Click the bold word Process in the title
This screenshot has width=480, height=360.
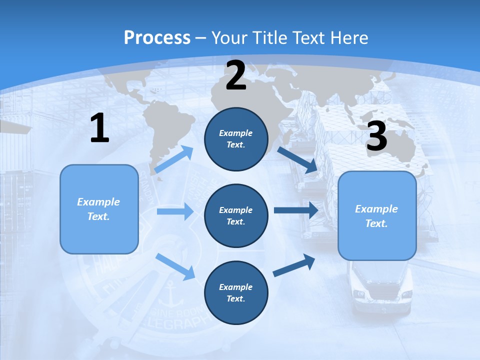[x=157, y=37]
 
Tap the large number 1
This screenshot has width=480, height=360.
[x=99, y=128]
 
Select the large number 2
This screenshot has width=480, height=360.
[x=236, y=75]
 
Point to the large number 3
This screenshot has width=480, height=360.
[x=376, y=135]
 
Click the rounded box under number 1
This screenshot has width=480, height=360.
[x=99, y=209]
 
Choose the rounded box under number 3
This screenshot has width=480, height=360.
[x=377, y=216]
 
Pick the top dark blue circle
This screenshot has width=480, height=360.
[x=236, y=139]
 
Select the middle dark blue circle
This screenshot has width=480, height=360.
[x=236, y=215]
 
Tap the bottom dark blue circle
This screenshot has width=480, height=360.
[x=236, y=292]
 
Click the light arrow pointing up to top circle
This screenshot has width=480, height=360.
[x=174, y=159]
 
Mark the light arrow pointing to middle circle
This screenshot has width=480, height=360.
[x=174, y=211]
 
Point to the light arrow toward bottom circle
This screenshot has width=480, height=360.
[x=175, y=266]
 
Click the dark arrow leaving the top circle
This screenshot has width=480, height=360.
[x=297, y=159]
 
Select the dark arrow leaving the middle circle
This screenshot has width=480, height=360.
[x=295, y=210]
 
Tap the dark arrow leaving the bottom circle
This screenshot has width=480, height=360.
[x=294, y=265]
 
